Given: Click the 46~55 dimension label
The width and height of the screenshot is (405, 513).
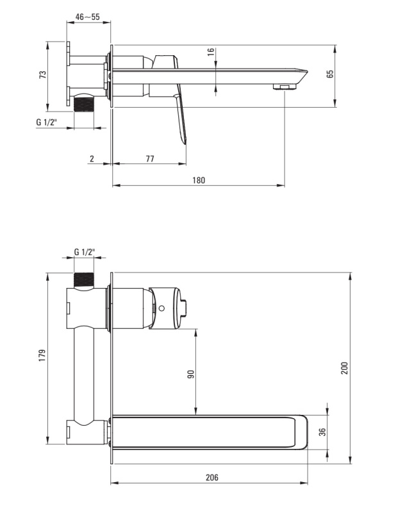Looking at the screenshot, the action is (x=87, y=17).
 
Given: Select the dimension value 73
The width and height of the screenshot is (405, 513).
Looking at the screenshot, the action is (x=42, y=74).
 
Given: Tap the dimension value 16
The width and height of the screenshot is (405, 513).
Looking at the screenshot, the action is (x=211, y=52).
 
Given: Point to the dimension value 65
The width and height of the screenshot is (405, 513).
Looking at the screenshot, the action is (x=330, y=74).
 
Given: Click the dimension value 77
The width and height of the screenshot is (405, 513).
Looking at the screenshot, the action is (x=150, y=158).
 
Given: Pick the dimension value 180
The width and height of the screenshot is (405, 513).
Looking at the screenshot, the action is (x=199, y=180).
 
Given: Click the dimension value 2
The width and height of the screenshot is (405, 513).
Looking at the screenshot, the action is (x=92, y=158).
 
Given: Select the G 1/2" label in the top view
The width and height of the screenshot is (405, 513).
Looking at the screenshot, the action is (x=46, y=122).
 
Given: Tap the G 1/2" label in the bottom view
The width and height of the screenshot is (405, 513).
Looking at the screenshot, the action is (x=85, y=252).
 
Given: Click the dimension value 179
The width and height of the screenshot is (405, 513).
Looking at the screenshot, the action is (x=42, y=356).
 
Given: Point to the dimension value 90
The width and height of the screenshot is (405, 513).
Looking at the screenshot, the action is (x=191, y=374).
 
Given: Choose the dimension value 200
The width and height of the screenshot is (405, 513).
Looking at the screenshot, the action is (x=345, y=368).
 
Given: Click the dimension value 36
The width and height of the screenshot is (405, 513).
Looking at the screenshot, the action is (x=322, y=432).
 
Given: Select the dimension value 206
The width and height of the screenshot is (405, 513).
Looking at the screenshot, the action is (x=212, y=477).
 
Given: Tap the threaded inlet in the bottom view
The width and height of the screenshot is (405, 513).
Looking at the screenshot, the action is (x=84, y=280).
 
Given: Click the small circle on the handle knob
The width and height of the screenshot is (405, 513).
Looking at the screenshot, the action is (x=161, y=308).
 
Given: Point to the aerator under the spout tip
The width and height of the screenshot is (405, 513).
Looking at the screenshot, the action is (x=285, y=87).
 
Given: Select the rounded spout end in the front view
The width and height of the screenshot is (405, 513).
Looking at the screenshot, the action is (x=301, y=432).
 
